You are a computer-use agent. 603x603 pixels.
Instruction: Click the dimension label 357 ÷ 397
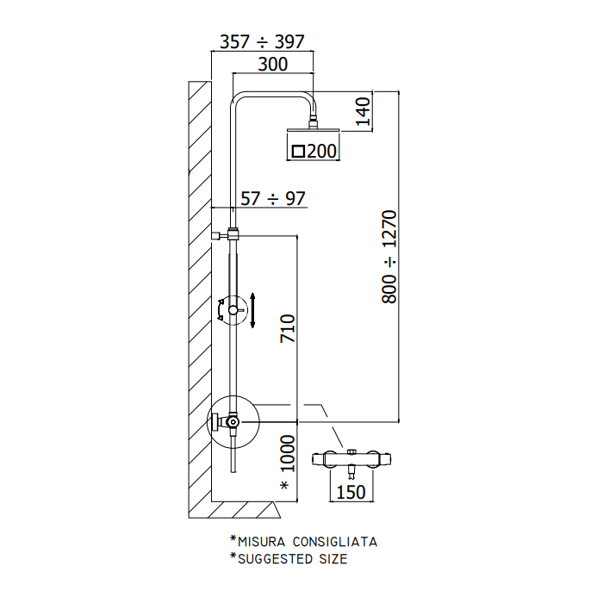pos(262,41)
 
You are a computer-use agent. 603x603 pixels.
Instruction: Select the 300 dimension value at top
pos(273,65)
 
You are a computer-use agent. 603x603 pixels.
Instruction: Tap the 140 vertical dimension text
pos(363,111)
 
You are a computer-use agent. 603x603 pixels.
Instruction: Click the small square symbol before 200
pos(298,151)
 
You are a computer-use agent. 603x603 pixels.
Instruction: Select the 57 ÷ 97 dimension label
pos(273,198)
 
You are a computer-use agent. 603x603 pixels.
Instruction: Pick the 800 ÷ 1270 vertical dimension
pos(389,257)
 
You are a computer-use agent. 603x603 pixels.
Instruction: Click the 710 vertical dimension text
pos(287,328)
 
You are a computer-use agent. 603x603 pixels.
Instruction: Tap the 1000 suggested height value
pos(287,453)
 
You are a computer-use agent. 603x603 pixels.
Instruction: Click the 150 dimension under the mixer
pos(351,492)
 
